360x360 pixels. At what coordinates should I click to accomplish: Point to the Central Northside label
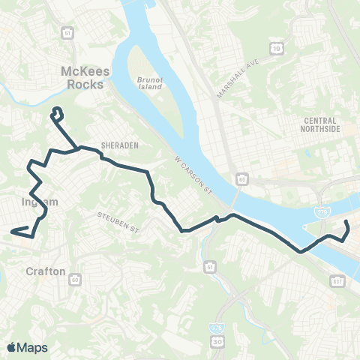322,124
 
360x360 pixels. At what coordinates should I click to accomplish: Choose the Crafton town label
46,271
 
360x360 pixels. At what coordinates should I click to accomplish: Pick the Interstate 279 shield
322,212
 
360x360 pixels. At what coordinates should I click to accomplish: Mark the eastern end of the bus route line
347,224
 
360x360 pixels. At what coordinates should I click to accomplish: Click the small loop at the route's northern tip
55,114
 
